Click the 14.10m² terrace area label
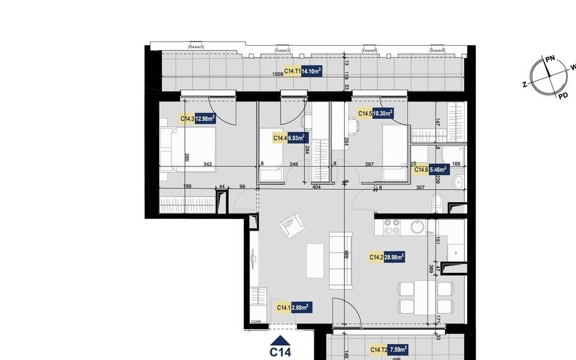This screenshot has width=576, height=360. point(311,72)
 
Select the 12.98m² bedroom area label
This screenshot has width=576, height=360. point(205,119)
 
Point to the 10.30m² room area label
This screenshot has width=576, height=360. point(382,113)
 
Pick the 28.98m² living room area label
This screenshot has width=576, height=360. point(394,257)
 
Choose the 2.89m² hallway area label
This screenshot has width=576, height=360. point(300,307)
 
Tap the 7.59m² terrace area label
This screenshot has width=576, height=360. point(395,351)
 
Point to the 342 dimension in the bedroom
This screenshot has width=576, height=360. point(208,164)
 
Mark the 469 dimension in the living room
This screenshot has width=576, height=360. point(346,254)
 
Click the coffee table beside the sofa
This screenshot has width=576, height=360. point(316,261)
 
